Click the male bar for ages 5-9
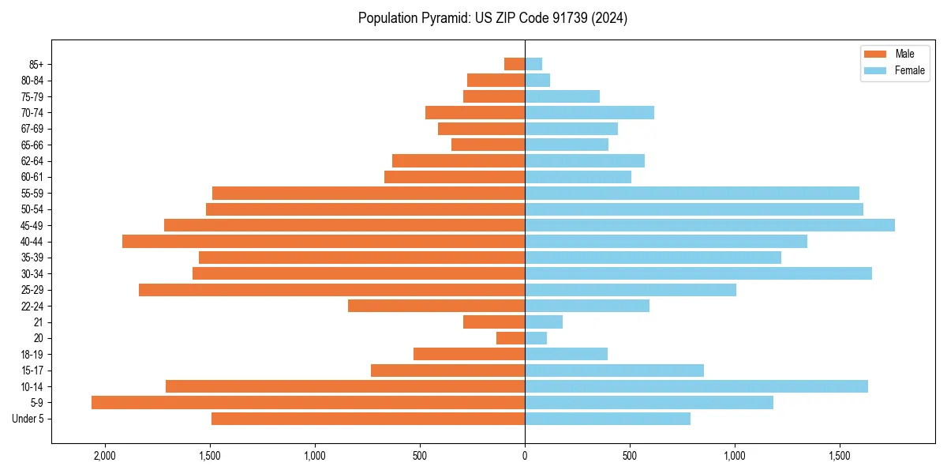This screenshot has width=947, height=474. click(308, 403)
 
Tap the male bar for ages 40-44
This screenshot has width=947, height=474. click(324, 241)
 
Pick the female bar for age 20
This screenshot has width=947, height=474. click(536, 338)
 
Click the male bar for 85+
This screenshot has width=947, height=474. click(515, 64)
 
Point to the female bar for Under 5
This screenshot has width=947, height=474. click(608, 419)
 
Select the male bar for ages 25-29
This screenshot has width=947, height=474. click(331, 290)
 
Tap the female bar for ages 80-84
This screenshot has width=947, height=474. click(537, 80)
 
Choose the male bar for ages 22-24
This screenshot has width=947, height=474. click(436, 306)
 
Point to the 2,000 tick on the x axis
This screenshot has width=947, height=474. click(104, 456)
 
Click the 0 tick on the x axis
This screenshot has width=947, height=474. click(525, 456)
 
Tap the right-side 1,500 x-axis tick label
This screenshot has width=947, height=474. click(840, 456)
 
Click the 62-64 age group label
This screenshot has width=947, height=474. click(32, 161)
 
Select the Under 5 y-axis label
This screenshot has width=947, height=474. click(28, 419)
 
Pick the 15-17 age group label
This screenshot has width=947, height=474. click(32, 371)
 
